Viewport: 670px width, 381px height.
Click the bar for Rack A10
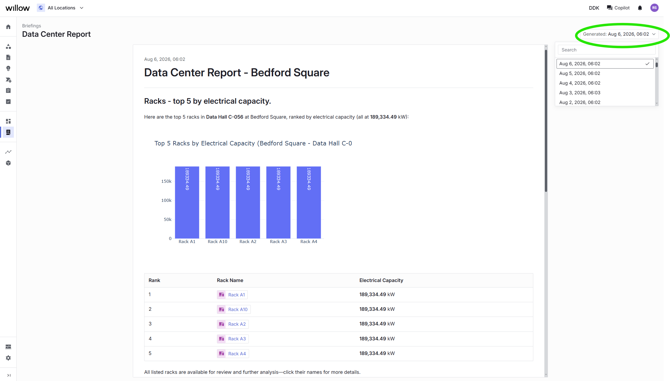pos(217,202)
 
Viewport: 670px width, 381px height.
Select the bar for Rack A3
pos(278,202)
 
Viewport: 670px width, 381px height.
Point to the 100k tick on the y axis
pos(166,200)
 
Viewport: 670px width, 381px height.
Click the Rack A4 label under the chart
pos(309,242)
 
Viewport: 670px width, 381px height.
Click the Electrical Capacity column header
pos(381,280)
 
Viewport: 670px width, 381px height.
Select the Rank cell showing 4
pos(150,339)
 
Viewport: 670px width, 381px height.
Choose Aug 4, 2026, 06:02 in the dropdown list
pos(580,83)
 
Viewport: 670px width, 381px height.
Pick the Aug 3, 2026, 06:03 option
pos(580,93)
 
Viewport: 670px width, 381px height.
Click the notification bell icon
pos(640,8)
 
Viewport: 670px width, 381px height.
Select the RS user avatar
pos(654,8)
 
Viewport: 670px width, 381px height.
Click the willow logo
pos(17,8)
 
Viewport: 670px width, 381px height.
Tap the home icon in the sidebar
pos(8,27)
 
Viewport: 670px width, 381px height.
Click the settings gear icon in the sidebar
pos(8,358)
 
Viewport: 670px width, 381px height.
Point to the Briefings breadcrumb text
pos(32,26)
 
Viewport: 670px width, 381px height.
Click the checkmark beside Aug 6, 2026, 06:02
pos(647,64)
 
